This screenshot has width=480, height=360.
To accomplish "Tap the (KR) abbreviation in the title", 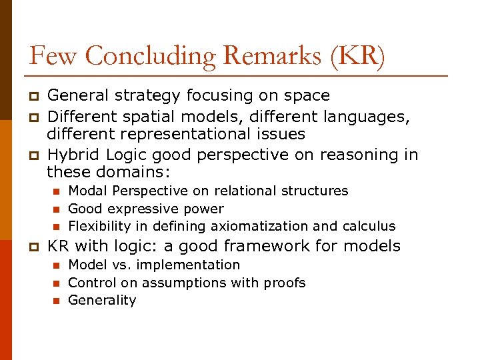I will coord(357,55).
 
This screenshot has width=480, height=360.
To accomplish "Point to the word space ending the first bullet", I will coord(302,96).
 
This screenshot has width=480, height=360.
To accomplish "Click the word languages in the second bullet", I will coord(367,117).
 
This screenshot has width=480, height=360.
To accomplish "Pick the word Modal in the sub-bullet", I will coord(87,191).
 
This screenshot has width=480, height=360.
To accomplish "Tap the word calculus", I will coord(369,226).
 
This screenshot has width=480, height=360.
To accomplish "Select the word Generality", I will coord(102,300).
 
